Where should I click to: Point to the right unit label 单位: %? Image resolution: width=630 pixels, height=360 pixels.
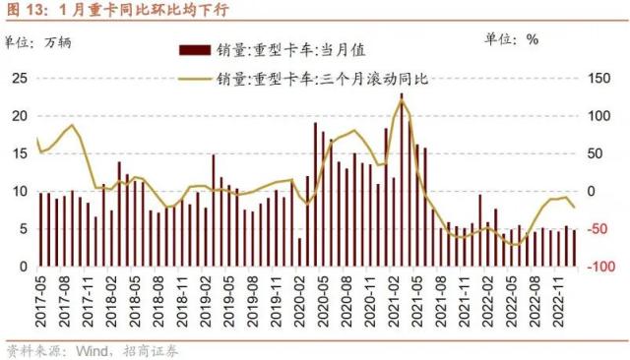tap(512, 40)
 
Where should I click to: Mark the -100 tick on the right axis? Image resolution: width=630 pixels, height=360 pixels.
tap(597, 267)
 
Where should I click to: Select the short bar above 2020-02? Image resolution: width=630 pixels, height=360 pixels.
tap(299, 252)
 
